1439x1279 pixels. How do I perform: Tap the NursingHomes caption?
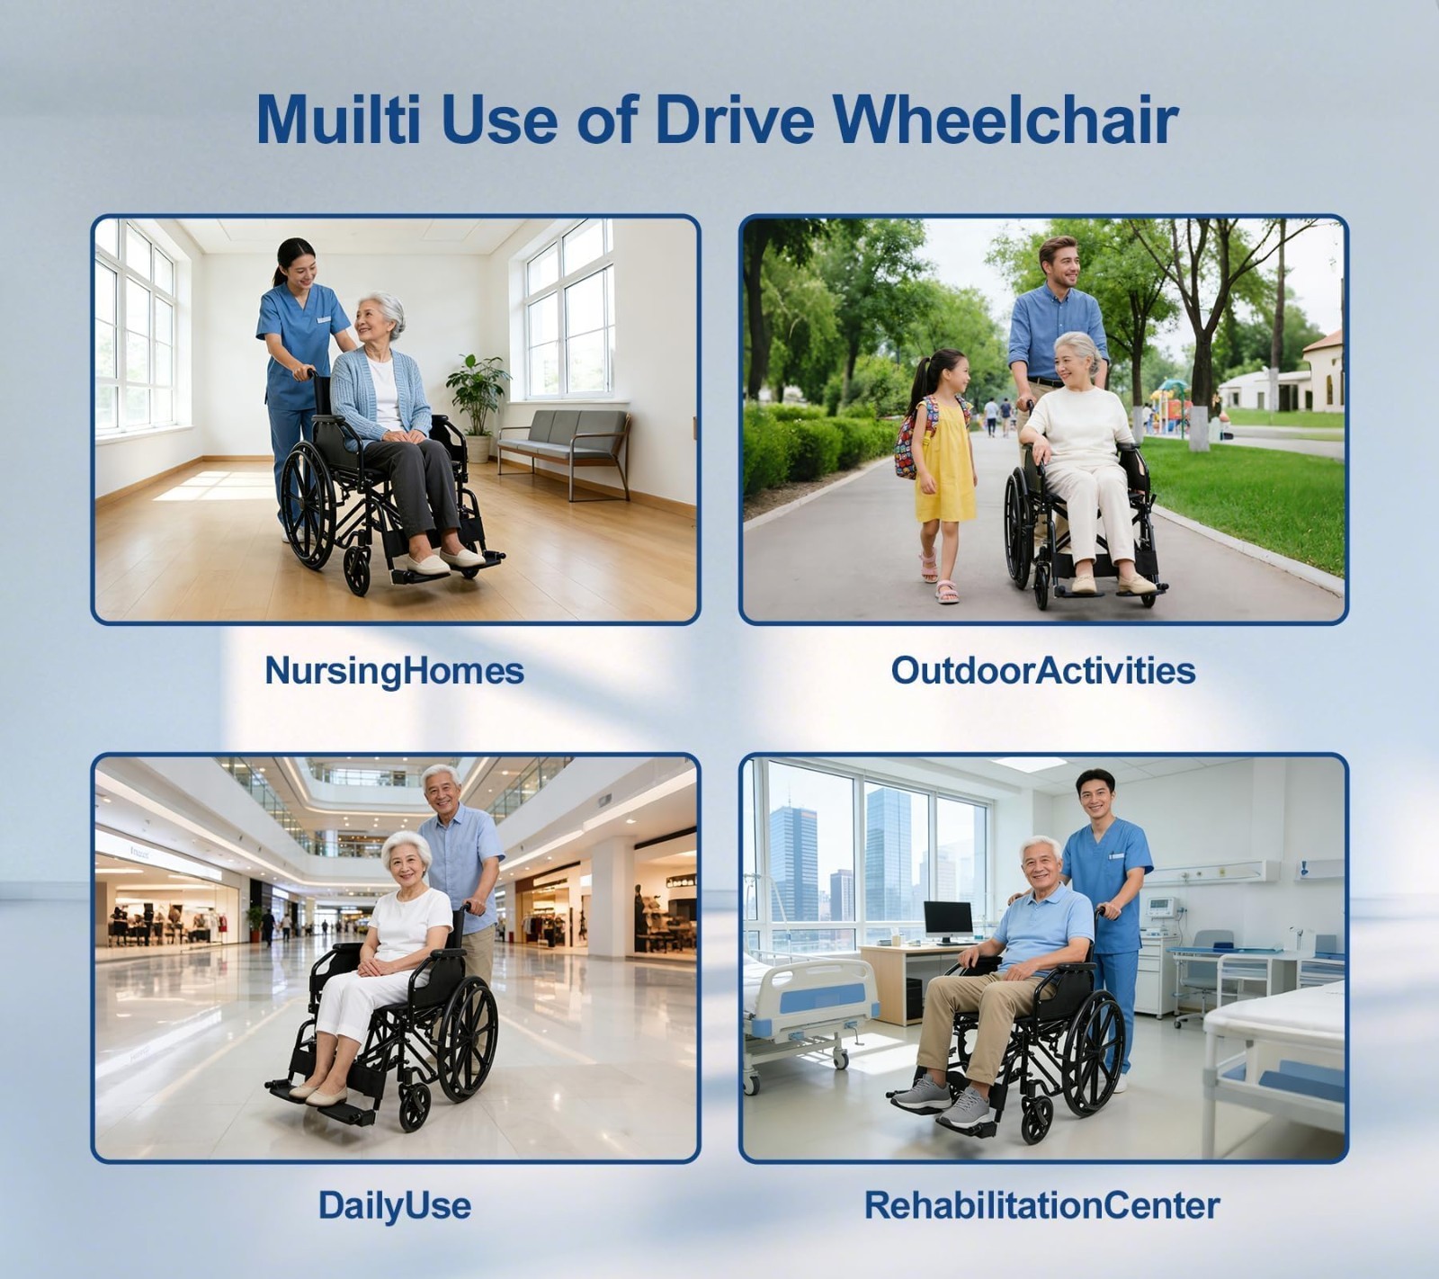(x=394, y=671)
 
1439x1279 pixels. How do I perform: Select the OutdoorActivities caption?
(x=1043, y=670)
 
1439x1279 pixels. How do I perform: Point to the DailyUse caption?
(x=395, y=1205)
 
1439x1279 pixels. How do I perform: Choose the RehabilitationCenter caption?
(x=1042, y=1205)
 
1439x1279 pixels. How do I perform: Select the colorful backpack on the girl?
(x=910, y=441)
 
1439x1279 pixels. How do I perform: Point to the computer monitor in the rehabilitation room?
(x=949, y=920)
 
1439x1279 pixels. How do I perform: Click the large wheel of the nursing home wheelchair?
(x=308, y=505)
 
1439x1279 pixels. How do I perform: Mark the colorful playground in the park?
(x=1170, y=407)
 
